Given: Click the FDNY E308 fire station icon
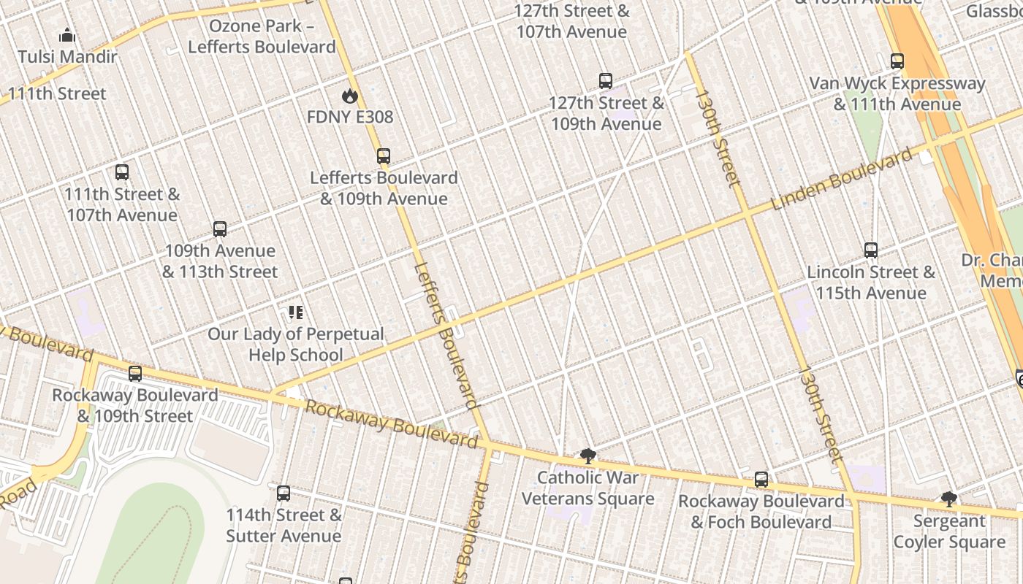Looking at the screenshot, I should click(x=350, y=96).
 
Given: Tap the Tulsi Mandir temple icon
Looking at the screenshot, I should click(x=67, y=35).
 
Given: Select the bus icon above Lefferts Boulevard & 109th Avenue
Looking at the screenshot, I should click(x=384, y=155).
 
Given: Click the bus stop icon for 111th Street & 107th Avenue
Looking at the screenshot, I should click(x=122, y=172).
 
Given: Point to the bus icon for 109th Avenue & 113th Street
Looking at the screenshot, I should click(x=220, y=228).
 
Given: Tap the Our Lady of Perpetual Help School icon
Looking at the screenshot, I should click(x=295, y=312).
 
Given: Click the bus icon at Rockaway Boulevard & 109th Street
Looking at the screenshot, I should click(x=135, y=374).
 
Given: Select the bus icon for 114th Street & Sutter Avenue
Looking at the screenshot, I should click(x=284, y=493).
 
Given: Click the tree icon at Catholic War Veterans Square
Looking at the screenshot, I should click(x=587, y=456).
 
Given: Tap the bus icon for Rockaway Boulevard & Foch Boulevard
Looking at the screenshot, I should click(x=761, y=480).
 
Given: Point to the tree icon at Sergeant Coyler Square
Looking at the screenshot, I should click(x=948, y=499).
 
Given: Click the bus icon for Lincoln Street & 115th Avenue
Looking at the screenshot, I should click(x=871, y=250).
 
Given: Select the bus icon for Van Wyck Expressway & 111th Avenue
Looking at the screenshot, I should click(x=897, y=61).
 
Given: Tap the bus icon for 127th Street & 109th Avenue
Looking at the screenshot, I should click(x=606, y=81).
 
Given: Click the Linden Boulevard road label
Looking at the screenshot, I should click(x=842, y=178).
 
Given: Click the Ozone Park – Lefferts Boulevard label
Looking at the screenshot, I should click(x=262, y=36).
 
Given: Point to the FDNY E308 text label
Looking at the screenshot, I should click(x=350, y=117).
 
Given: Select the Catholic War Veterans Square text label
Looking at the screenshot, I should click(x=588, y=488).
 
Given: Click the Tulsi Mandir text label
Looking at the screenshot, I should click(x=67, y=57).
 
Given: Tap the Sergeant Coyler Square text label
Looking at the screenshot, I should click(x=949, y=531).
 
